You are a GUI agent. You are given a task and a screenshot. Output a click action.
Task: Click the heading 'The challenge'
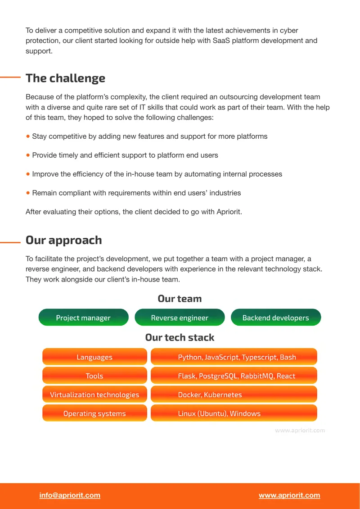tap(66, 78)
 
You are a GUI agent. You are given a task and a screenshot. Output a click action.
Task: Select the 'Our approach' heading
tap(64, 240)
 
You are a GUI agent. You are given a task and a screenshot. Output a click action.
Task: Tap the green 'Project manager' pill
tap(83, 318)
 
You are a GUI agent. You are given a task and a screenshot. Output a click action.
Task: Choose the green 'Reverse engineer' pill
tap(180, 318)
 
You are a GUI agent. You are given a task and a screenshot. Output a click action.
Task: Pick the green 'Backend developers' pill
tap(276, 318)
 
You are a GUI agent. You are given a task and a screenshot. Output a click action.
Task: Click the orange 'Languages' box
tap(94, 357)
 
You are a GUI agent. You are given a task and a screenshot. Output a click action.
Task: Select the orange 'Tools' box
tap(94, 376)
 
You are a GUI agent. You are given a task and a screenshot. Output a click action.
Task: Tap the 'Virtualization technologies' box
tap(94, 395)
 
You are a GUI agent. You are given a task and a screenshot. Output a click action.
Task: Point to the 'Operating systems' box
tap(94, 414)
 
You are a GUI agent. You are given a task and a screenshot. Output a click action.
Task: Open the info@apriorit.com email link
tap(70, 495)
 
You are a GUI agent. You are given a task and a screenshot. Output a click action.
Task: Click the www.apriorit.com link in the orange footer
tap(289, 495)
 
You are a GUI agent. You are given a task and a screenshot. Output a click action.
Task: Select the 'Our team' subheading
tap(180, 299)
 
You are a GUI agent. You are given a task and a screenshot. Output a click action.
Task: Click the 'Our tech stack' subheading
tap(180, 337)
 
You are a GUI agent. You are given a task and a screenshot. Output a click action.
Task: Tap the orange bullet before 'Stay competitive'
tap(28, 136)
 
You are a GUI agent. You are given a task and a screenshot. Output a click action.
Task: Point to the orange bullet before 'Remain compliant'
tap(28, 193)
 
